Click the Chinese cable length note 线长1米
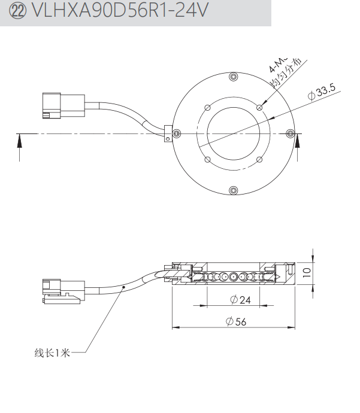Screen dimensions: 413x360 click(52, 353)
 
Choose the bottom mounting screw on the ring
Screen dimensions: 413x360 click(234, 190)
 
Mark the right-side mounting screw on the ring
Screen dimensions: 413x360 click(291, 133)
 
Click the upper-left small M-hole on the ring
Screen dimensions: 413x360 click(207, 107)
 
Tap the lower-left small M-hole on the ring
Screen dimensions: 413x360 click(207, 159)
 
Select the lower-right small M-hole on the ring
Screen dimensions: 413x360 click(259, 159)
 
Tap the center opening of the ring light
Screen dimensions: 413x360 click(233, 133)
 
